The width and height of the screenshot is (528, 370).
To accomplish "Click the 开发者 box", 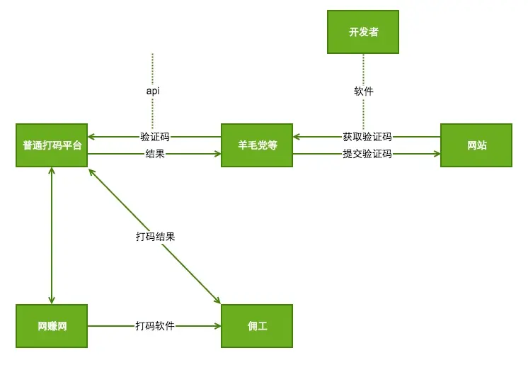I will tap(362, 32).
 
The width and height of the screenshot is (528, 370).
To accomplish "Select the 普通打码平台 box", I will tap(52, 145).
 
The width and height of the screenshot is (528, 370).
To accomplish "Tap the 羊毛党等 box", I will tap(256, 145).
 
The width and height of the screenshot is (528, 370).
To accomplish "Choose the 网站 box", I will tap(476, 145).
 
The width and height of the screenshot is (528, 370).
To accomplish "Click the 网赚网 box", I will tap(52, 326).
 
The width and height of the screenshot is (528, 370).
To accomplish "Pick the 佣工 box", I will tap(256, 326).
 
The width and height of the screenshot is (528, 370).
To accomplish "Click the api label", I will tap(152, 91).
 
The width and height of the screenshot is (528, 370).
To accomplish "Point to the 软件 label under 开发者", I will tap(363, 91).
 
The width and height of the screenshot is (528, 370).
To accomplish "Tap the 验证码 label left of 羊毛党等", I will tap(154, 137).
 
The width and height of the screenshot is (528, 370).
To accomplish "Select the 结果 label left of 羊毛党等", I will tap(154, 153).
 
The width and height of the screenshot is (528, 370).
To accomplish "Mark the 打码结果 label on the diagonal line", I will tap(155, 237).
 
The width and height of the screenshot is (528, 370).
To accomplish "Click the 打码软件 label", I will tap(155, 326).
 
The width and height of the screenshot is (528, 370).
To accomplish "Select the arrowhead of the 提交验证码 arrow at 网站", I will tap(436, 153).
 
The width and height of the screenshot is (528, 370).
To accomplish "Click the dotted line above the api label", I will tap(152, 67).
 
